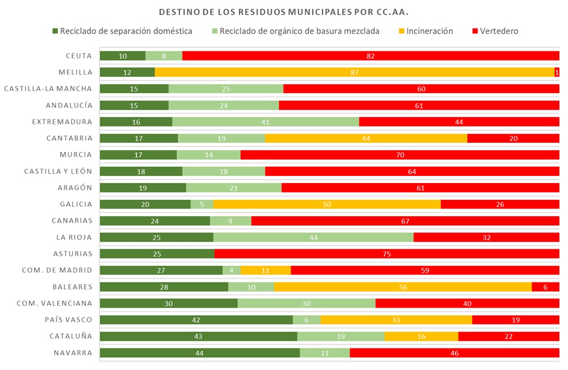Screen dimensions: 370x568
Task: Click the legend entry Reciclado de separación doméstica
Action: click(x=126, y=31)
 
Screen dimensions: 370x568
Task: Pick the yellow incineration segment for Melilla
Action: click(x=354, y=72)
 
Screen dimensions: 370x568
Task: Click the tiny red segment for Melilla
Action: click(x=557, y=72)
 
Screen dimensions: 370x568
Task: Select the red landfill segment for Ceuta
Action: click(x=370, y=56)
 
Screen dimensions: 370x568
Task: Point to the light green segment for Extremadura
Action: click(x=265, y=122)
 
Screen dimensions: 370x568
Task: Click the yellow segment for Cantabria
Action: click(x=366, y=138)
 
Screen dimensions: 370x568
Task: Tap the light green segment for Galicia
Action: click(x=202, y=204)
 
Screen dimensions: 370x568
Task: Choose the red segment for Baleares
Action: click(x=545, y=287)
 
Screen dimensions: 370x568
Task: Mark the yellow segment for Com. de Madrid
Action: click(x=265, y=270)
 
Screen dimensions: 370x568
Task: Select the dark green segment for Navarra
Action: click(x=199, y=353)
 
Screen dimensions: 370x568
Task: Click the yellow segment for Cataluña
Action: click(x=421, y=337)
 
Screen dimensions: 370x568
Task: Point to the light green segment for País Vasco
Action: click(x=306, y=320)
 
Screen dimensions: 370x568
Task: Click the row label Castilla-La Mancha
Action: click(x=48, y=89)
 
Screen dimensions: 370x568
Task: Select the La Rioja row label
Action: click(x=74, y=237)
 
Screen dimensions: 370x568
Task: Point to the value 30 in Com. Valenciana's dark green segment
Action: click(x=169, y=304)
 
